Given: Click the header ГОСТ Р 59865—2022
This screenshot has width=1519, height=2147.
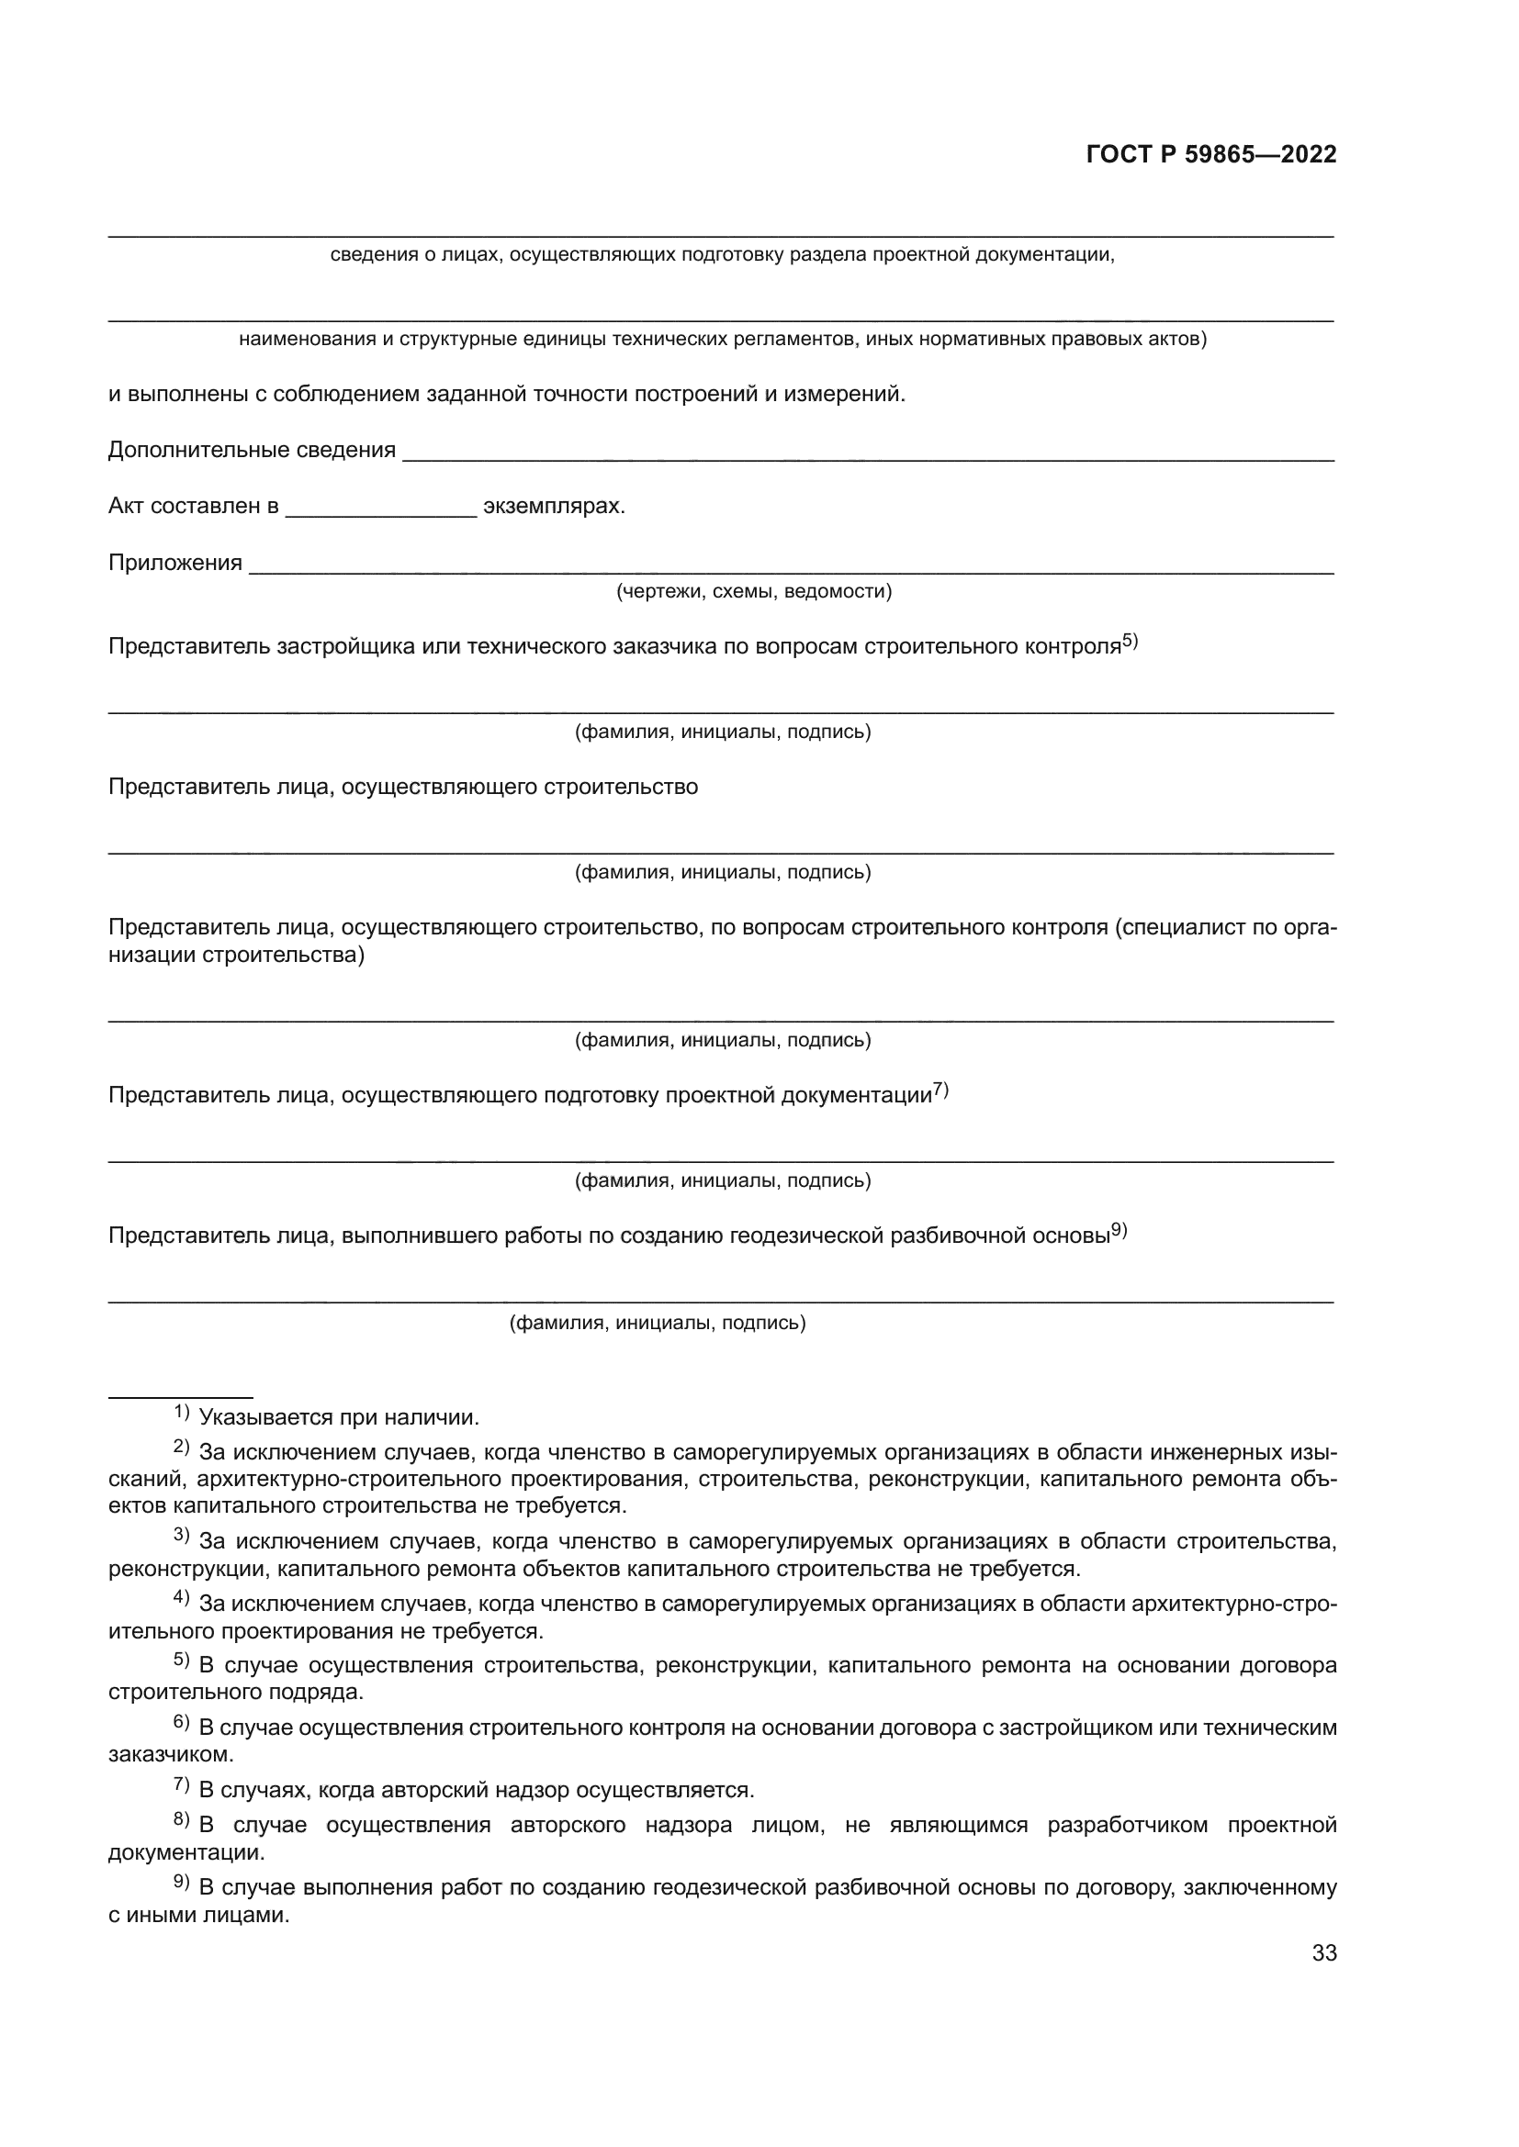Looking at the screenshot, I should click(1210, 155).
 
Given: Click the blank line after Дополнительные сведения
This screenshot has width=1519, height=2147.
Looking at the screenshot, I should click(867, 455).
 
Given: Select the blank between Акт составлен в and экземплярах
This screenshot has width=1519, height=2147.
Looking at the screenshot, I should click(381, 512).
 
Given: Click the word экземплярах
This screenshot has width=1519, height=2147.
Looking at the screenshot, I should click(553, 507).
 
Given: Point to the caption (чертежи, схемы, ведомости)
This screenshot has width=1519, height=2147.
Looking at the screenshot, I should click(753, 592).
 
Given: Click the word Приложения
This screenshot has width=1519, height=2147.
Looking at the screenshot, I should click(174, 563).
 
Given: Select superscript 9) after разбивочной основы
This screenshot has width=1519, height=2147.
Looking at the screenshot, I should click(1119, 1231).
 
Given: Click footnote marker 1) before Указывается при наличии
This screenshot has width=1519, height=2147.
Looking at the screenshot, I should click(182, 1412).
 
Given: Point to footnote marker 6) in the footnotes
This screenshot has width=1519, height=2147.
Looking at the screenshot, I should click(182, 1722).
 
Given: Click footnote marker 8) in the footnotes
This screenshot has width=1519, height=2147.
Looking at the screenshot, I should click(182, 1819).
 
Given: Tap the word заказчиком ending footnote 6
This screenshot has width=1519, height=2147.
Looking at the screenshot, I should click(169, 1754).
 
